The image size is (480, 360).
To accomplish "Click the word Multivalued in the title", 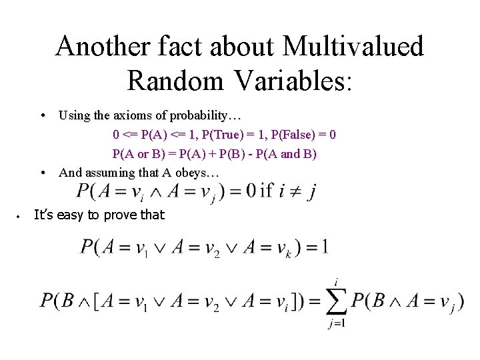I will pyautogui.click(x=353, y=47).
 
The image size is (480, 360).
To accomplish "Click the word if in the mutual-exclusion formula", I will pyautogui.click(x=267, y=191).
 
